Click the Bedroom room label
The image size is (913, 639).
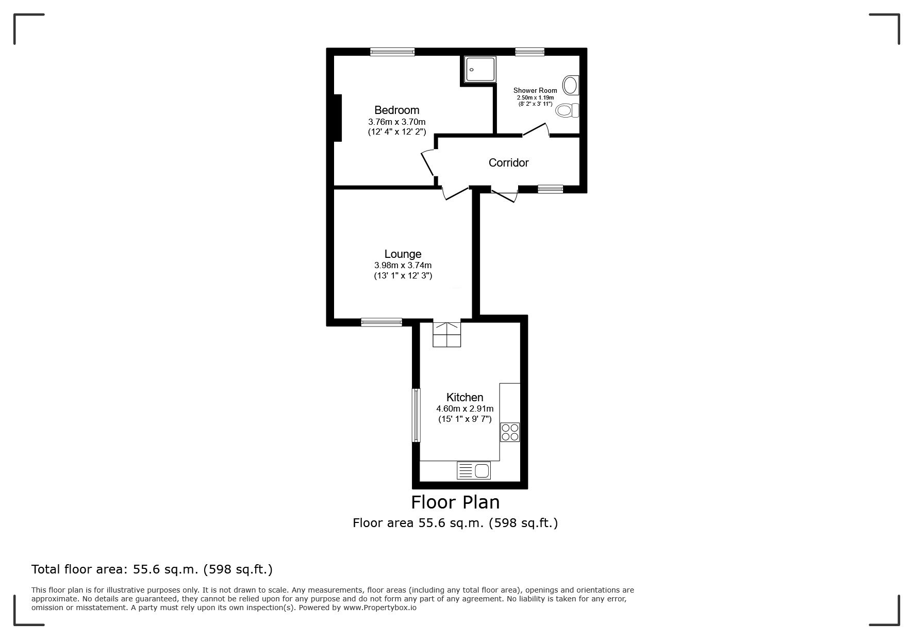(x=396, y=110)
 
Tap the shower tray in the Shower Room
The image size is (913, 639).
(x=480, y=70)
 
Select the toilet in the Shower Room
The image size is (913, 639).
(x=567, y=110)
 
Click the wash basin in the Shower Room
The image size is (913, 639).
(x=570, y=85)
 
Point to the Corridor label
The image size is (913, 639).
(x=508, y=163)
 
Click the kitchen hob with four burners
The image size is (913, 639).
(x=510, y=432)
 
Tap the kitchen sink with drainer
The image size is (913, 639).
(x=474, y=470)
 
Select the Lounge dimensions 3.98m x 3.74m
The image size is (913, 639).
(x=403, y=266)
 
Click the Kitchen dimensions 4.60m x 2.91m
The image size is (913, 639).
(x=464, y=409)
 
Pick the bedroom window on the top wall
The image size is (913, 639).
(x=392, y=52)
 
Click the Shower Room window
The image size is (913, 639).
(x=529, y=52)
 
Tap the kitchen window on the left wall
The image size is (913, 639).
(x=416, y=415)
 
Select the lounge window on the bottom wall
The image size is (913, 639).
(x=381, y=322)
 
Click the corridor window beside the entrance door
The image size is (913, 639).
(x=550, y=189)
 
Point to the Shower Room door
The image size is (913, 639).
(x=536, y=130)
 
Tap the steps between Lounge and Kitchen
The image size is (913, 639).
(x=446, y=334)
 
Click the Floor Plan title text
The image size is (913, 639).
(x=455, y=502)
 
